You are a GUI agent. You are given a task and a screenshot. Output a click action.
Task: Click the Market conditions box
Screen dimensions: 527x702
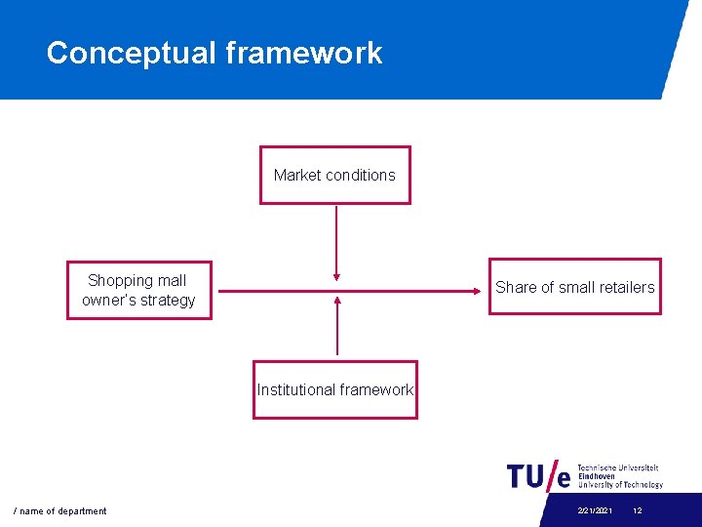pos(334,176)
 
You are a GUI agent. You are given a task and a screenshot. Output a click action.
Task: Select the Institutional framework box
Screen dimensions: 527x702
pos(334,389)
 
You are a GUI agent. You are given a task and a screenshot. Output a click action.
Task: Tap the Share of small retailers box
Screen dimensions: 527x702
pos(574,287)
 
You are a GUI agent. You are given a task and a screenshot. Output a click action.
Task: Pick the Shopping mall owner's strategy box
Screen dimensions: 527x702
pos(138,290)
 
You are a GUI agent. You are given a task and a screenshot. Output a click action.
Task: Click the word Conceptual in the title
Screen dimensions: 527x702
pos(132,53)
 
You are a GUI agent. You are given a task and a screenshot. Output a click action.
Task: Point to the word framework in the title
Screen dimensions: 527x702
pos(304,53)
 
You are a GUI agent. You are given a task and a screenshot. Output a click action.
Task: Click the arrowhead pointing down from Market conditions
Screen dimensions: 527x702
pos(336,276)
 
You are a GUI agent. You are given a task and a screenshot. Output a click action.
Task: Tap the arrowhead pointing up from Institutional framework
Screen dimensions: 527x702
pos(337,301)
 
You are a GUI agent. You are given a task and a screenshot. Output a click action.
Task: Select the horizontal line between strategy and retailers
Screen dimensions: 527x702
pos(409,289)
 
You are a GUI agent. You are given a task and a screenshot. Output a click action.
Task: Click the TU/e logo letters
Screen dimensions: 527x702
pos(539,475)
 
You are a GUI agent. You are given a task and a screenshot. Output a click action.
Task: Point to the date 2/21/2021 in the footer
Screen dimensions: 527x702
pos(595,511)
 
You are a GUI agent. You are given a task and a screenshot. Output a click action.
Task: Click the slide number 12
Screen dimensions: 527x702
pos(638,511)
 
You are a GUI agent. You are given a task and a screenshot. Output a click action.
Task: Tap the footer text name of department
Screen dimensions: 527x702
pos(60,511)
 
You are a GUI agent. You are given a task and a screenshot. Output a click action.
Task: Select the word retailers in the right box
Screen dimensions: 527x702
pos(621,287)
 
